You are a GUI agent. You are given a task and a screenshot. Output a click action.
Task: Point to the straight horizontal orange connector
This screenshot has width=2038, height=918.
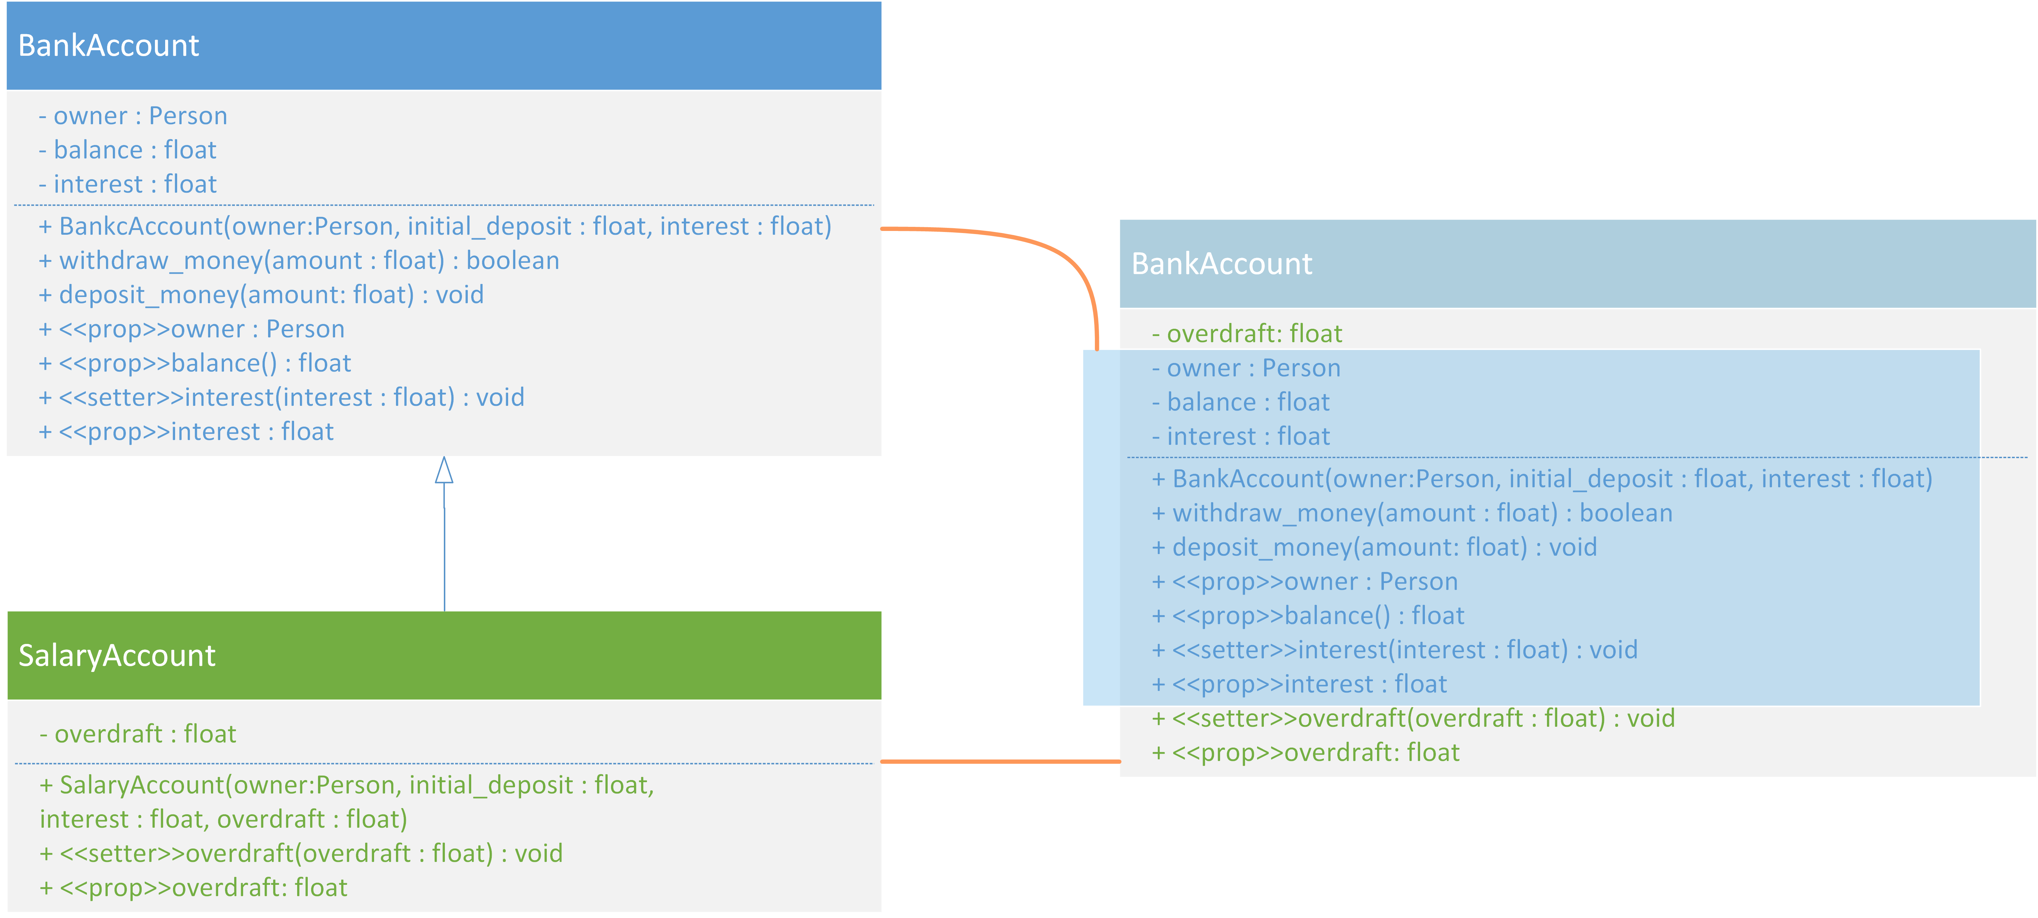[x=1001, y=761]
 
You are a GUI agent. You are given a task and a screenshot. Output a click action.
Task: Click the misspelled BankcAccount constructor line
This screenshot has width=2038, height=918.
[x=435, y=226]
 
